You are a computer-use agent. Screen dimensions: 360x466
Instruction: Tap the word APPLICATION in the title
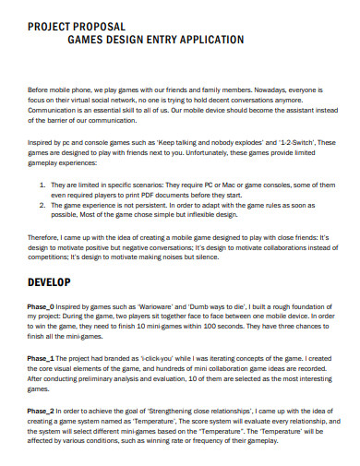[210, 41]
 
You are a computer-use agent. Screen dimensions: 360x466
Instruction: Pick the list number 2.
[43, 206]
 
